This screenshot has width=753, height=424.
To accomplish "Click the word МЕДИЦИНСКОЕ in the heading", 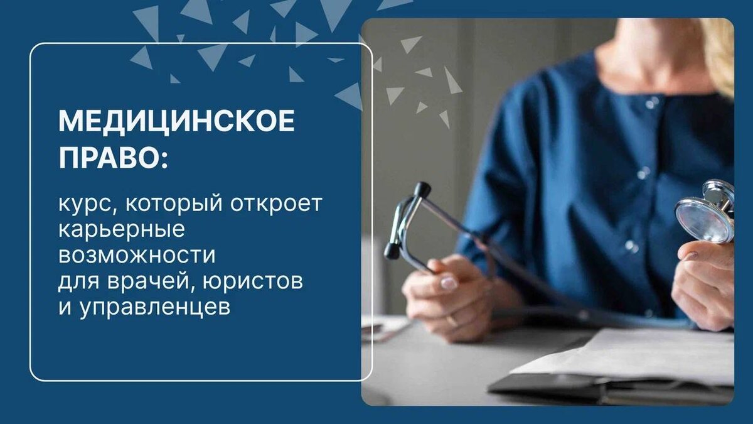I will (x=176, y=121).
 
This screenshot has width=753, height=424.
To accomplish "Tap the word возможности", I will (x=137, y=256).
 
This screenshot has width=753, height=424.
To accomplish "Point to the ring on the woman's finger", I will (x=451, y=318).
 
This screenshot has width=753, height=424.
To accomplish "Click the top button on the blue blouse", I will (x=653, y=102).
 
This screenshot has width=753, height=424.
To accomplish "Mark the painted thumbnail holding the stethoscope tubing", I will (x=447, y=283).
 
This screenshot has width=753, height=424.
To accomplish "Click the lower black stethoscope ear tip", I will (x=392, y=252).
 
